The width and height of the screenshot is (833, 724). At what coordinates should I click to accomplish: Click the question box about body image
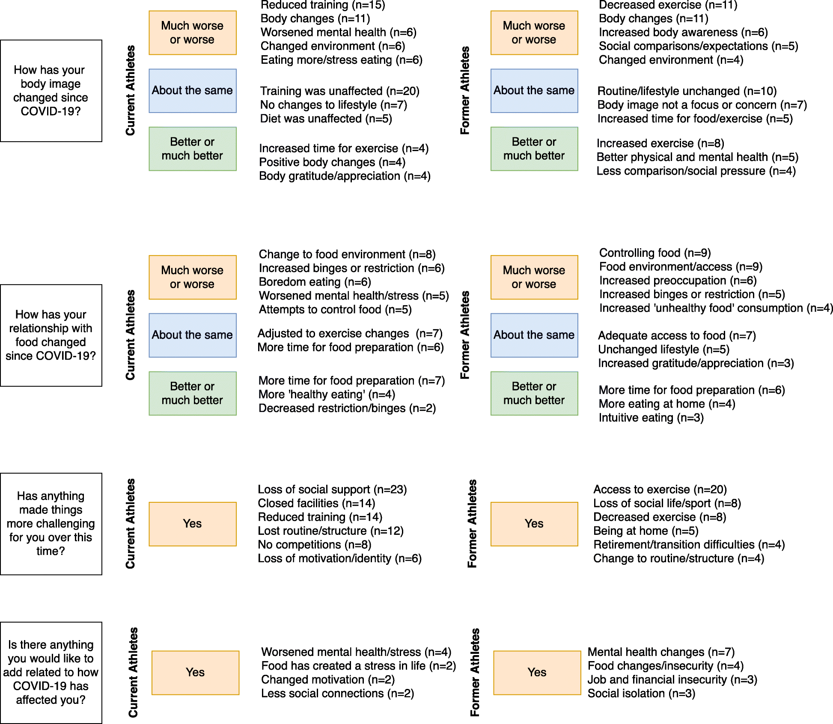coord(51,91)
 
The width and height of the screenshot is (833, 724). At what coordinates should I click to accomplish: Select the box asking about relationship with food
coord(51,335)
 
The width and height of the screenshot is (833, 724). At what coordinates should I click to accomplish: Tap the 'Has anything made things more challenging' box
coord(51,523)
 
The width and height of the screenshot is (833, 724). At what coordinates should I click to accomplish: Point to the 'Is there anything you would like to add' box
coord(51,672)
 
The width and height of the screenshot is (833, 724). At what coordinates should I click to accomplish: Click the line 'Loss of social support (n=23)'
coord(332,490)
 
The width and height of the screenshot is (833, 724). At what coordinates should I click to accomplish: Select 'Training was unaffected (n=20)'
coord(339,91)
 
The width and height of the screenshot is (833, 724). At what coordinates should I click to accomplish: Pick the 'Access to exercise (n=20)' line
coord(660,490)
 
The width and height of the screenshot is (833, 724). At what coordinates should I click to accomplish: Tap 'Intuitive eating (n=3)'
coord(651,418)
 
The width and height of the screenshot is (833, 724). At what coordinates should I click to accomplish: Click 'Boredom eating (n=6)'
coord(315,282)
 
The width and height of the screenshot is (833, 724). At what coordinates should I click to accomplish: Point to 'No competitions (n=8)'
coord(314,545)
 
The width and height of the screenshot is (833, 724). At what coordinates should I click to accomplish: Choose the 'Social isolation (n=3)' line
coord(641,693)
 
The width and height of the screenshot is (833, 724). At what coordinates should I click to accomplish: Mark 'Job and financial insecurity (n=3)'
coord(672,679)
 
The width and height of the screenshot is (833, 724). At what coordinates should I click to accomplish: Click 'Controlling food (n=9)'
coord(654,253)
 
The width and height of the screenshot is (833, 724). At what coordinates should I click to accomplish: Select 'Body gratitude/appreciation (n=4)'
coord(345,176)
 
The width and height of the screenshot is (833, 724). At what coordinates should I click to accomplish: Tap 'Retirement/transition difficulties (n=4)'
coord(689,545)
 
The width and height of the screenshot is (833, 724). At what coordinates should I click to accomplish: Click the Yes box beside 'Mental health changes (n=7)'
coord(537,672)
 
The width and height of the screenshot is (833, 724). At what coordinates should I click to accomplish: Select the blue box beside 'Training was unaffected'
coord(192,91)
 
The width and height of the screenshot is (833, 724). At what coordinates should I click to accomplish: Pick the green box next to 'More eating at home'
coord(534,393)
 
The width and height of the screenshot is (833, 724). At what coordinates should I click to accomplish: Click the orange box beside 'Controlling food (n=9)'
coord(534,277)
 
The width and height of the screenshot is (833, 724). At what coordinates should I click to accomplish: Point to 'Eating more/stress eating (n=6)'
coord(341,60)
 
